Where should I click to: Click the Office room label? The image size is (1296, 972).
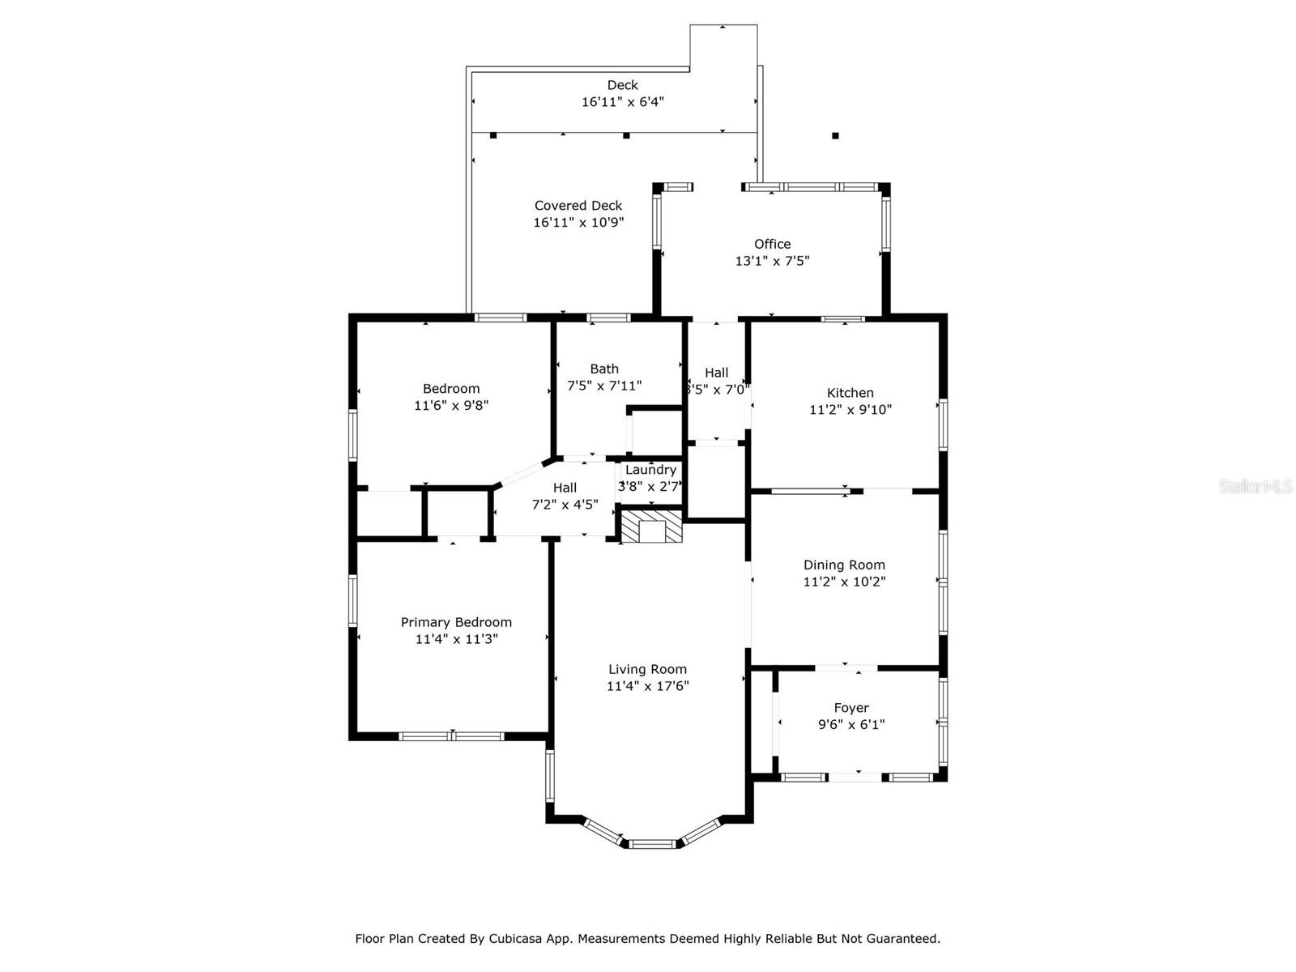[772, 244]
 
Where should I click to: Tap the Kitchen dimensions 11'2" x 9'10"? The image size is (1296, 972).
[850, 410]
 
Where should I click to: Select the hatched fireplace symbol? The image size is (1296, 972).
[652, 526]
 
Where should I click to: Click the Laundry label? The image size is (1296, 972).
[650, 470]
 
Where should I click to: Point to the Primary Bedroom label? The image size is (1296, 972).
[456, 622]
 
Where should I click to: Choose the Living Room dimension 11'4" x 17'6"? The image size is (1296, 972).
[647, 686]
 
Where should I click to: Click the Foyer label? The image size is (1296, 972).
[851, 708]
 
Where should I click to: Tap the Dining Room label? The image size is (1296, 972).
[844, 565]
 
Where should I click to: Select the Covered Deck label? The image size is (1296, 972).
[578, 206]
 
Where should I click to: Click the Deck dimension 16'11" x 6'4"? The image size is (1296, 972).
[623, 102]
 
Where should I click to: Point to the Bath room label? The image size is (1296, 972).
[604, 369]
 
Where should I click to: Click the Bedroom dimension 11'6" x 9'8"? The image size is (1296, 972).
[451, 405]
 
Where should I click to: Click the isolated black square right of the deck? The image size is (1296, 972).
[835, 136]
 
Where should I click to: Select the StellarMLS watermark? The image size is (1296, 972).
[1255, 486]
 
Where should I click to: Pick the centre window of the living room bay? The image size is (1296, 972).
[653, 844]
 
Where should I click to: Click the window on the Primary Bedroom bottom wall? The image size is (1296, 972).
[451, 736]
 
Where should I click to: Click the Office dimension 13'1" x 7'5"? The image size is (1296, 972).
[772, 261]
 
